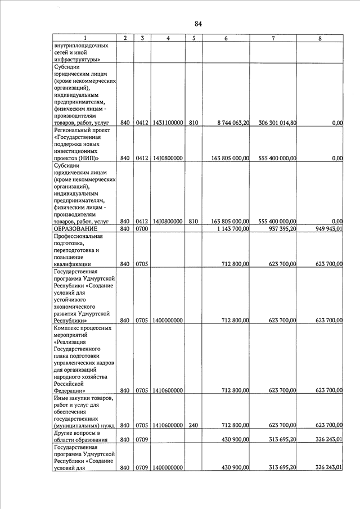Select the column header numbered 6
[x=226, y=38]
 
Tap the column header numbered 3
[x=143, y=38]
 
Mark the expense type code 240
[x=193, y=425]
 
